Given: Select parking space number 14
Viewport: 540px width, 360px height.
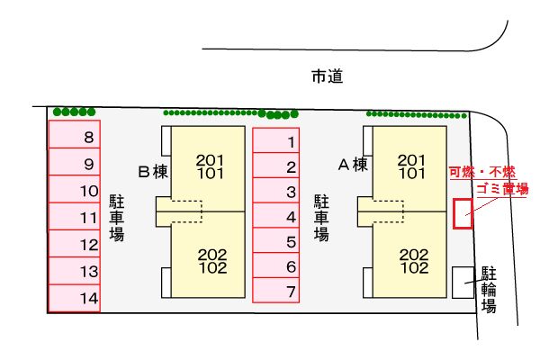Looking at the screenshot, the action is point(74,298).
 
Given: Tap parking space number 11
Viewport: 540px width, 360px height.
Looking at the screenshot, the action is point(74,217).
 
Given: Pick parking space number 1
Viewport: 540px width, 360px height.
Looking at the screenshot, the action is point(276,141).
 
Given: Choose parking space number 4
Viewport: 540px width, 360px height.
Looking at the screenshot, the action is point(276,216).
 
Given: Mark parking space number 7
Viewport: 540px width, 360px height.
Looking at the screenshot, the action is point(276,292).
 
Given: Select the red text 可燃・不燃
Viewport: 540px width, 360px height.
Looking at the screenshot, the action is point(481,172).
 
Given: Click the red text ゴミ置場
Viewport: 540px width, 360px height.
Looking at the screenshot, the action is point(501,188).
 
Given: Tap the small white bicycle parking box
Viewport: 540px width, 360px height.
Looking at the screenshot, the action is point(463,282).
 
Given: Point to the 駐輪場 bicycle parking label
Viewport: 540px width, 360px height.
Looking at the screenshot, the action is point(489,288).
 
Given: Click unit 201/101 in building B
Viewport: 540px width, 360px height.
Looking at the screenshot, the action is point(209,166).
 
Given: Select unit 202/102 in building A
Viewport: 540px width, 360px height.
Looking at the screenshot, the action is point(413,261).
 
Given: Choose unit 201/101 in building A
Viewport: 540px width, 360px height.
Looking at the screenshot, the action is point(411,166).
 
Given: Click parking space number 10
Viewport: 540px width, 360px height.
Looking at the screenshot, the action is point(74,191).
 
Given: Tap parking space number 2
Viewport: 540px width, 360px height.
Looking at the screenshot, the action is point(276,166).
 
